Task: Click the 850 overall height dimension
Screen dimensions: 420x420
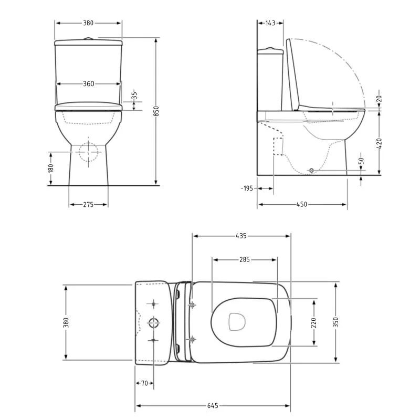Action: tap(156, 111)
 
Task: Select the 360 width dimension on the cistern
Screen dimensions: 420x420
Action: tap(88, 84)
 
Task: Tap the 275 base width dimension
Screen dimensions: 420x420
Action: tap(88, 205)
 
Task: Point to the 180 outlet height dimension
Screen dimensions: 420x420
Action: tap(50, 169)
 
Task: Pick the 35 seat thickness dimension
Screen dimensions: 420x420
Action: tap(135, 96)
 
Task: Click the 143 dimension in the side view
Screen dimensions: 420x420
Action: tap(270, 23)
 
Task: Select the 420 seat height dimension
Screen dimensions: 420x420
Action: tap(379, 143)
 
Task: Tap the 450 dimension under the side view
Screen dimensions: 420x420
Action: tap(301, 204)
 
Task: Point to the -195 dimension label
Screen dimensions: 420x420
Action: tap(247, 188)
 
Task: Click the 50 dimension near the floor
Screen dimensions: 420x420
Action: tap(361, 161)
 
